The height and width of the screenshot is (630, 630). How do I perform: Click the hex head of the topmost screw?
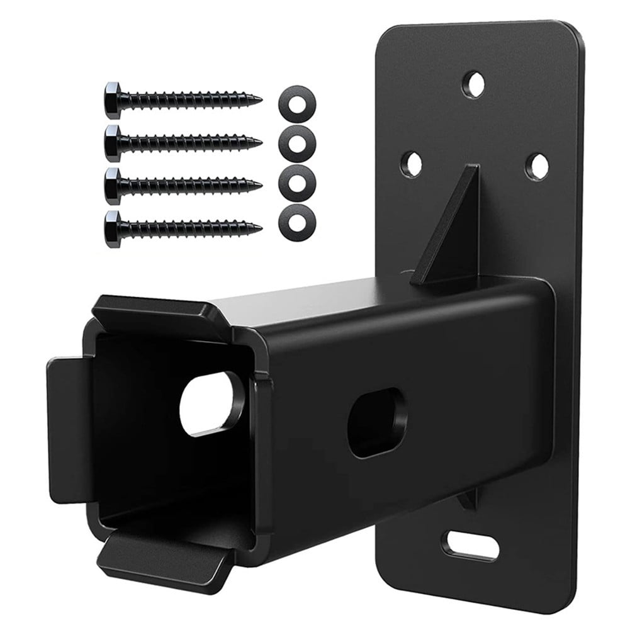(113, 100)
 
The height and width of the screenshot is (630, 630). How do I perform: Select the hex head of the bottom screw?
(113, 229)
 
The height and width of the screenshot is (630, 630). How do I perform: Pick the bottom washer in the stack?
(297, 221)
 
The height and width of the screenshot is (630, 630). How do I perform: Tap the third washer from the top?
(297, 182)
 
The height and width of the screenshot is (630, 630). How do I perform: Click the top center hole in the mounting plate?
(474, 84)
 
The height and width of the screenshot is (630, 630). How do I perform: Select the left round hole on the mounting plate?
(413, 164)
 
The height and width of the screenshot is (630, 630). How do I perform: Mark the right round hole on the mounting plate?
(536, 166)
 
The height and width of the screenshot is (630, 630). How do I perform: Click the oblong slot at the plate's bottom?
(470, 545)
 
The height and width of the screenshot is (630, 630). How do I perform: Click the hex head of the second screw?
(113, 143)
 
